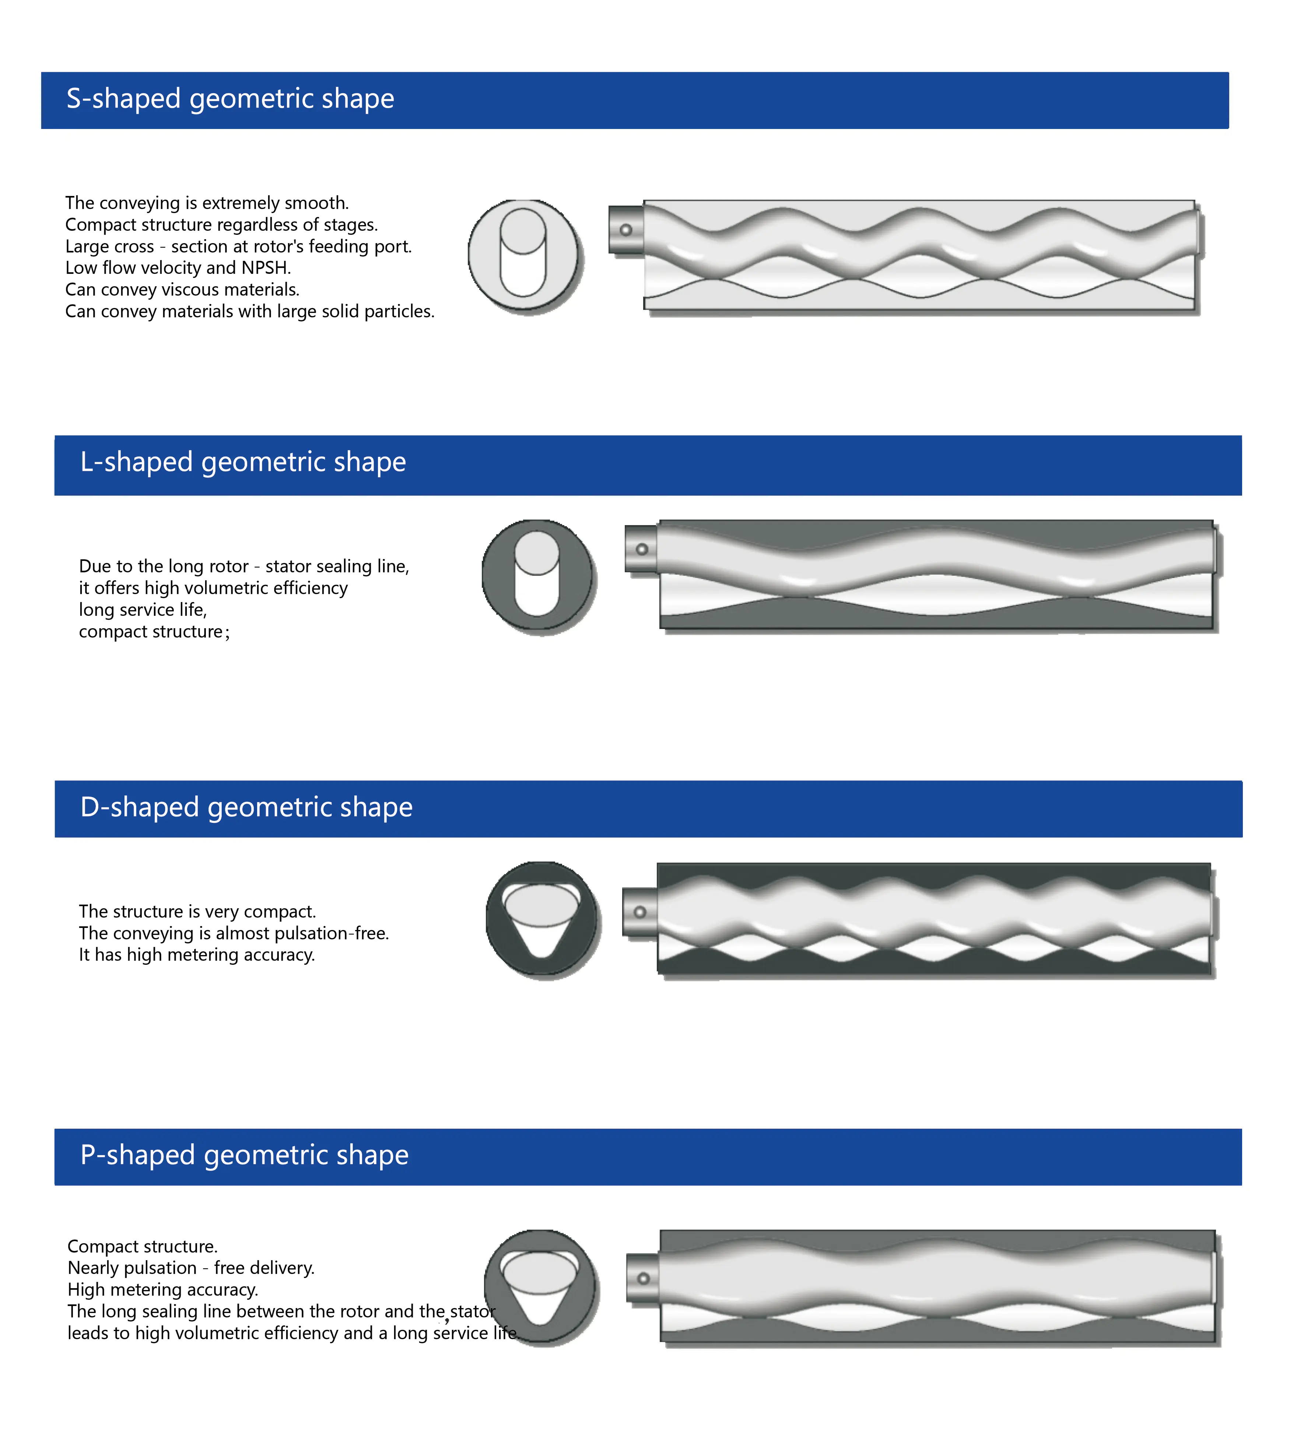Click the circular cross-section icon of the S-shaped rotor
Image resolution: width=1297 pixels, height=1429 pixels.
[x=524, y=255]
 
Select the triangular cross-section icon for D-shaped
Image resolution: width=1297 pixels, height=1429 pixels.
[x=541, y=920]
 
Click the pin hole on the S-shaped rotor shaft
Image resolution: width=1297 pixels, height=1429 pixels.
[x=626, y=230]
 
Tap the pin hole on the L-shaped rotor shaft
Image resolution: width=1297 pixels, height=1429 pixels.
[x=642, y=549]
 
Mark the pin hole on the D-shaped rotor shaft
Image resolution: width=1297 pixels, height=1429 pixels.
[x=640, y=912]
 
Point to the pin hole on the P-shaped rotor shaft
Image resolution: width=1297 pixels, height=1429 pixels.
[x=644, y=1279]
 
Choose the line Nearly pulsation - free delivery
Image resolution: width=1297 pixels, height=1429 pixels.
[x=191, y=1268]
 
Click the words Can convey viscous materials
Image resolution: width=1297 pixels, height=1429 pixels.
[x=182, y=290]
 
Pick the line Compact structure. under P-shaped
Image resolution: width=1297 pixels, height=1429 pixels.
[x=143, y=1246]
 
